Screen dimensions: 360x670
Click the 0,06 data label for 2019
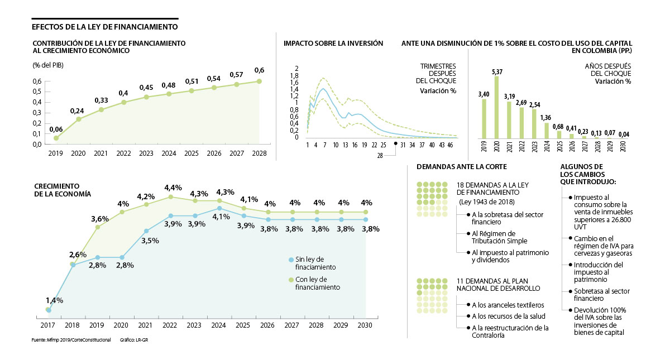click(56, 129)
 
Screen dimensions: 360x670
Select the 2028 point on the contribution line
click(259, 81)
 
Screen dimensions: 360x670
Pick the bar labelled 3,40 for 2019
click(484, 118)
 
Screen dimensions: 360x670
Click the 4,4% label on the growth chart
click(170, 187)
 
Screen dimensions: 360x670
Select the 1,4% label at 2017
click(54, 300)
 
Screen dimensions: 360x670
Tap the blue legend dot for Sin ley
click(291, 260)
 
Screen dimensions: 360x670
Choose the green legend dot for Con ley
click(291, 280)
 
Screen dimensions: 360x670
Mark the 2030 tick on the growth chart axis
click(365, 324)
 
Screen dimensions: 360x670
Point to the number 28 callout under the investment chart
click(380, 156)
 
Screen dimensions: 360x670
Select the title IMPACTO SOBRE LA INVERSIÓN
click(333, 43)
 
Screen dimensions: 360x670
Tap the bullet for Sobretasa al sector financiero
click(570, 291)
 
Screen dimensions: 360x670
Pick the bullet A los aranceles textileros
click(467, 305)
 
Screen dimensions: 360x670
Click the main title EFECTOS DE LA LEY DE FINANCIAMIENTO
click(105, 26)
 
